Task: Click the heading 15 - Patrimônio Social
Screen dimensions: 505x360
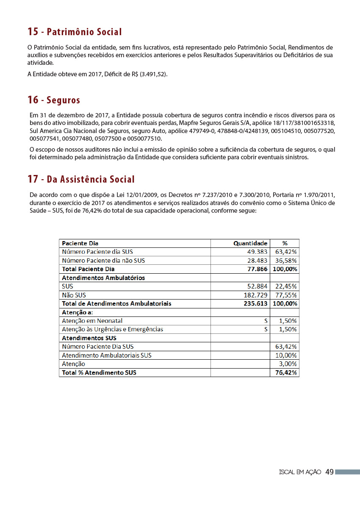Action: [75, 32]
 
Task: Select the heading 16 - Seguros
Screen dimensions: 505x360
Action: [54, 100]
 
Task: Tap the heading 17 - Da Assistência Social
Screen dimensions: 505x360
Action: [81, 179]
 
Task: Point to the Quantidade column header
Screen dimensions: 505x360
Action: [250, 243]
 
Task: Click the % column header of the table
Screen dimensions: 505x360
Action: [285, 243]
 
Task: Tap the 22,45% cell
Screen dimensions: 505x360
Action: [285, 286]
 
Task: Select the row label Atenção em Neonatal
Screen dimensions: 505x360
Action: [92, 321]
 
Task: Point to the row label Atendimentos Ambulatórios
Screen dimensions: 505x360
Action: [103, 278]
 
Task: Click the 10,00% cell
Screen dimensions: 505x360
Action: [285, 355]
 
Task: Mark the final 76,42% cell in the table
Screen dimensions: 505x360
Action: [285, 372]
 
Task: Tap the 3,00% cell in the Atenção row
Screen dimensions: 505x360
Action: [288, 364]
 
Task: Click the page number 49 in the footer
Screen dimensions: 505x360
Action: [330, 472]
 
